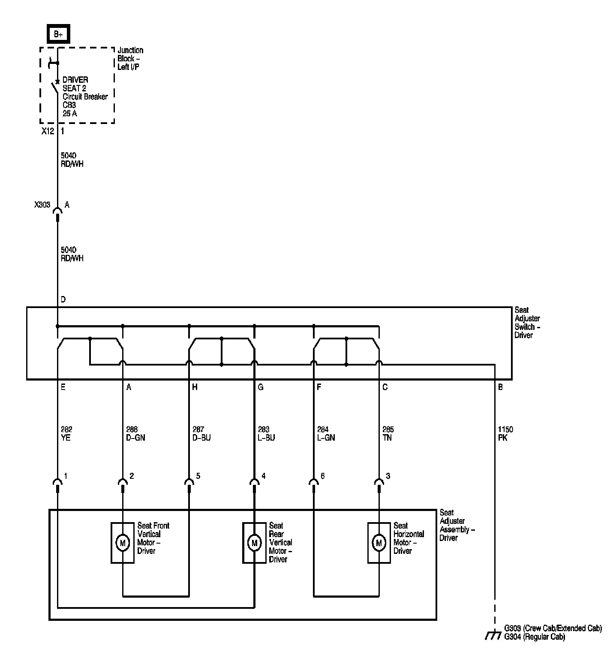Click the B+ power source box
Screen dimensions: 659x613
pyautogui.click(x=58, y=34)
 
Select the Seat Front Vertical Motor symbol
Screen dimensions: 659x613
pyautogui.click(x=123, y=543)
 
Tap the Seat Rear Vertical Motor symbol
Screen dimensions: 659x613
pyautogui.click(x=254, y=543)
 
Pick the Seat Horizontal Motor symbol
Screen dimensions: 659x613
pyautogui.click(x=379, y=543)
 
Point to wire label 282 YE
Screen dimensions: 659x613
pyautogui.click(x=66, y=434)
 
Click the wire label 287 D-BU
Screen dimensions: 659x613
pyautogui.click(x=201, y=434)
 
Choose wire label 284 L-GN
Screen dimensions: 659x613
pyautogui.click(x=326, y=434)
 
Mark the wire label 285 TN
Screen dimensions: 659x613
pyautogui.click(x=388, y=434)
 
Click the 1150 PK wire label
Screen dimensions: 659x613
pyautogui.click(x=505, y=434)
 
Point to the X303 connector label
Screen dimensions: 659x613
pyautogui.click(x=42, y=205)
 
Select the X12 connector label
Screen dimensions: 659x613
pyautogui.click(x=48, y=131)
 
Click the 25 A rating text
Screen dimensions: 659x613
pyautogui.click(x=70, y=114)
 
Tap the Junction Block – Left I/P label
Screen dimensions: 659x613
pyautogui.click(x=130, y=59)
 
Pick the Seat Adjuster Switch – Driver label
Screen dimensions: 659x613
pyautogui.click(x=527, y=322)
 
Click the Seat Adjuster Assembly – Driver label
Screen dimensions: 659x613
pyautogui.click(x=457, y=525)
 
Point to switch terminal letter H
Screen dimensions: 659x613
pyautogui.click(x=195, y=387)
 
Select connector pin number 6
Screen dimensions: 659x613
pyautogui.click(x=322, y=476)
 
